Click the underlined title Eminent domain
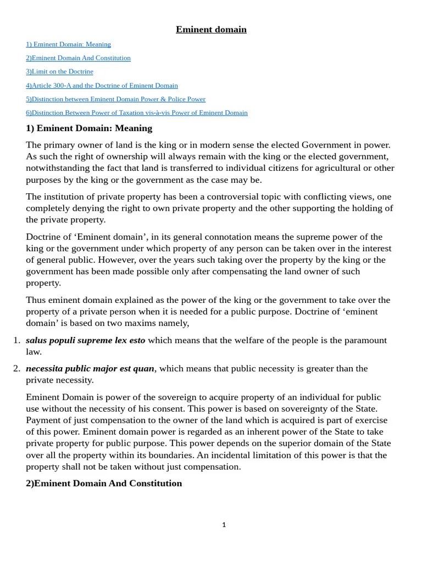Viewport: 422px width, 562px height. [211, 30]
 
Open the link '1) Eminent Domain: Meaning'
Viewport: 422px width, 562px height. [68, 44]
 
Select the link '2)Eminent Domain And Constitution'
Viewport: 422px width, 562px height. [78, 58]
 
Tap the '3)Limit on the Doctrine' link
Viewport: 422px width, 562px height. [59, 72]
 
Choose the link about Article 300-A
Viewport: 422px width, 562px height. [102, 86]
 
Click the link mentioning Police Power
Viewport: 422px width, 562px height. [115, 99]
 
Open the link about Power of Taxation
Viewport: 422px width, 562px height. [136, 113]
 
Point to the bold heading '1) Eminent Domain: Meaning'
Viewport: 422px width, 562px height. [89, 128]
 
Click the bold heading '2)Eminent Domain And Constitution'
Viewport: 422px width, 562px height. [104, 484]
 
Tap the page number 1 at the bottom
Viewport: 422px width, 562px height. [224, 525]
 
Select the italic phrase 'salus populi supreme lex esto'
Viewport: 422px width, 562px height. [86, 340]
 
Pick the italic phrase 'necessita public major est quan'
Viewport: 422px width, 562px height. [90, 368]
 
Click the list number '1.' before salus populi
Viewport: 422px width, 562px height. [16, 340]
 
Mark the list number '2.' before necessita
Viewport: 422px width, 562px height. [16, 368]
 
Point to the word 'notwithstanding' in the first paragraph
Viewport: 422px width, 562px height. [55, 168]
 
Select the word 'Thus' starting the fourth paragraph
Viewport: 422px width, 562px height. [35, 300]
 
